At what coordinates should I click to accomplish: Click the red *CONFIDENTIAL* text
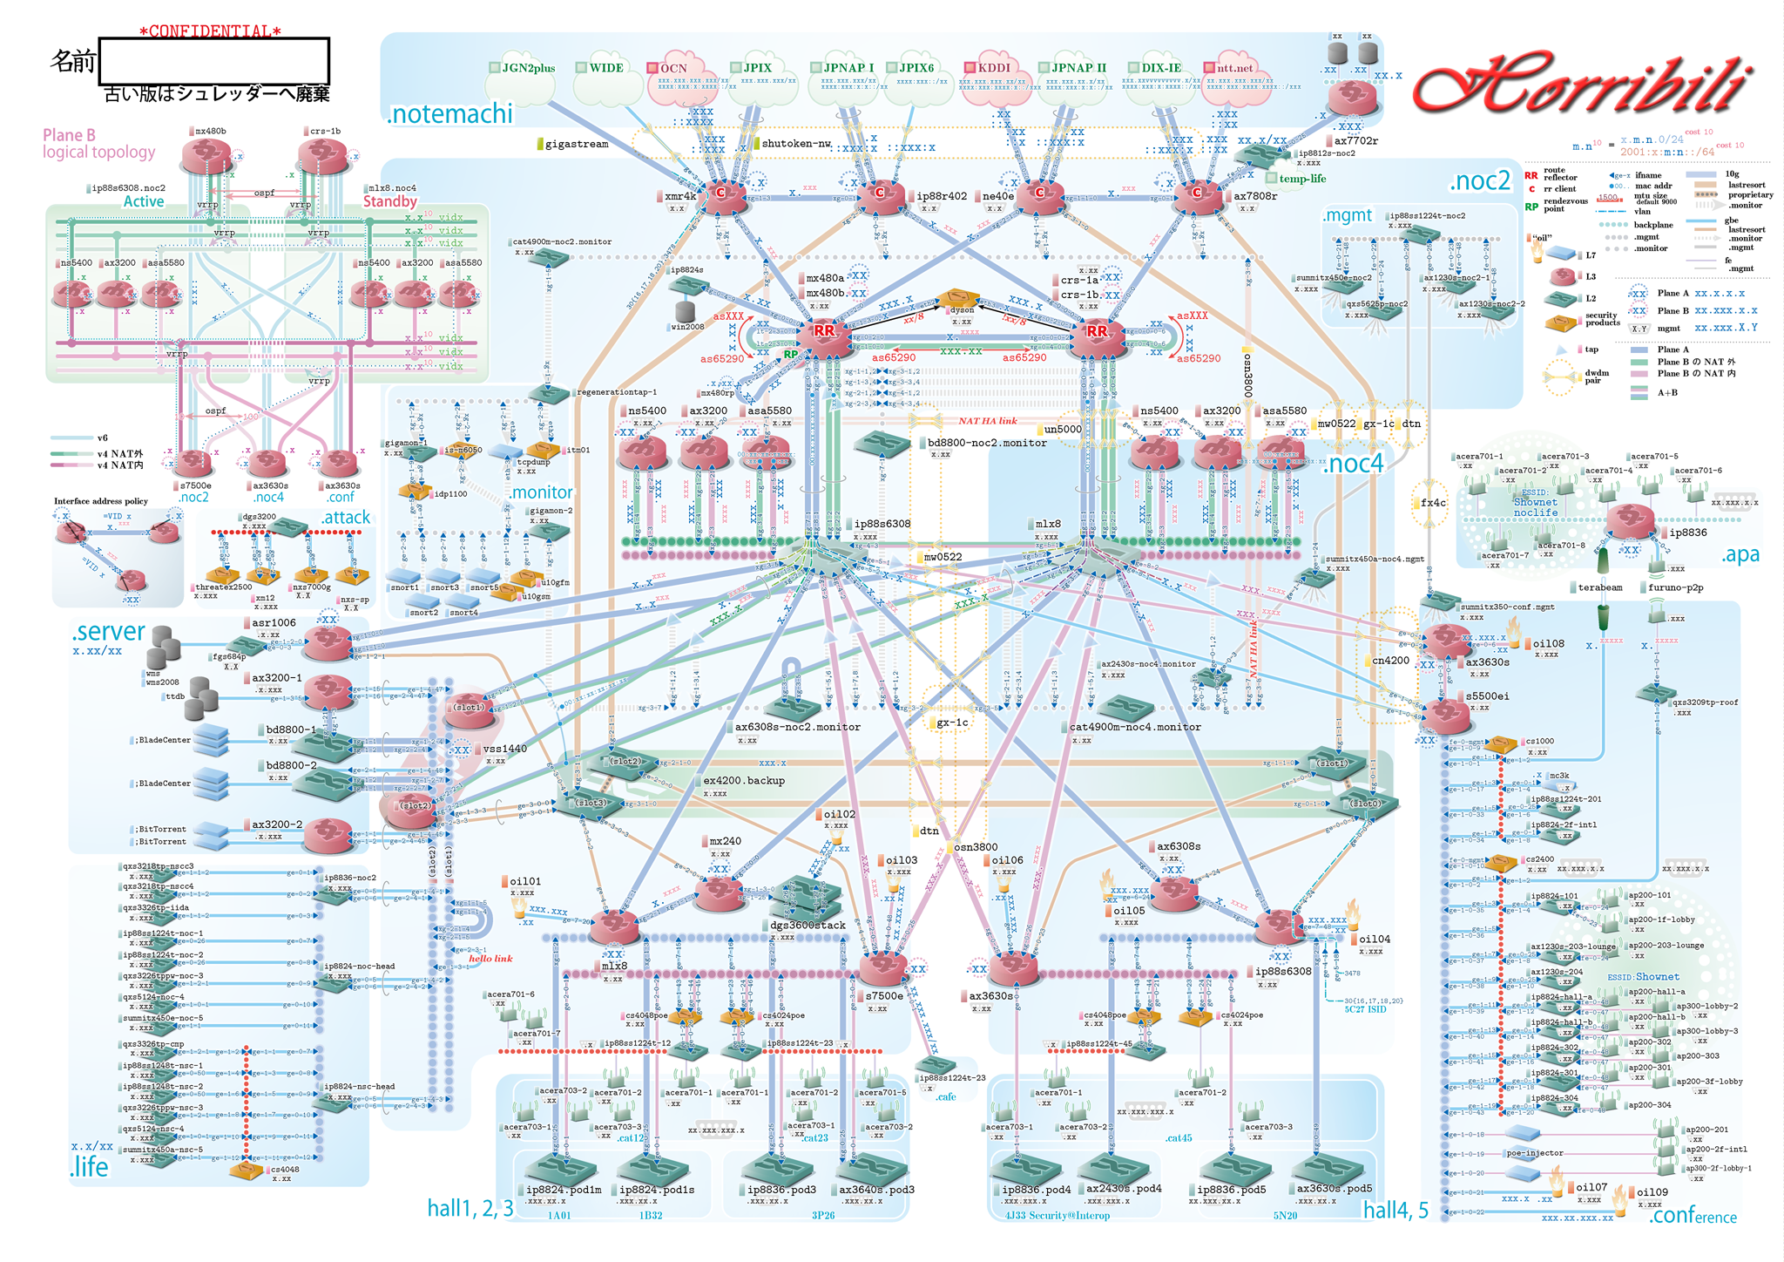coord(210,31)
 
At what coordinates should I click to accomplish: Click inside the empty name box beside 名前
coord(214,61)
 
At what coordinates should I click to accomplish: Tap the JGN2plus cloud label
coord(528,68)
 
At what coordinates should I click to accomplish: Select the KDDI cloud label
coord(993,67)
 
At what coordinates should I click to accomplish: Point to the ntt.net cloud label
coord(1234,68)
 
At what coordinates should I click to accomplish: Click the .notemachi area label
coord(450,114)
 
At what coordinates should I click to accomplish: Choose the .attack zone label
coord(346,518)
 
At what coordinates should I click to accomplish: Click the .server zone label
coord(109,631)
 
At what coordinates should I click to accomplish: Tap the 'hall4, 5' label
coord(1395,1210)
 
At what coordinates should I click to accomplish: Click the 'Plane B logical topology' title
coord(98,144)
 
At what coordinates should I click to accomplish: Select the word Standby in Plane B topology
coord(389,201)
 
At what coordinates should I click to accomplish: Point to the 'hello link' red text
coord(490,959)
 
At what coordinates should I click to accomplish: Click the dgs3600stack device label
coord(808,925)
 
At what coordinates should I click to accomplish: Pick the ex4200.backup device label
coord(744,781)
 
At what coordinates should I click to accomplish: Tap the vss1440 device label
coord(505,749)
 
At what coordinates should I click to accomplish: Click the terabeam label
coord(1600,587)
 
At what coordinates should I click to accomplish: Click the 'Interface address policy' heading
coord(101,501)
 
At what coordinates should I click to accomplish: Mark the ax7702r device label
coord(1356,140)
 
